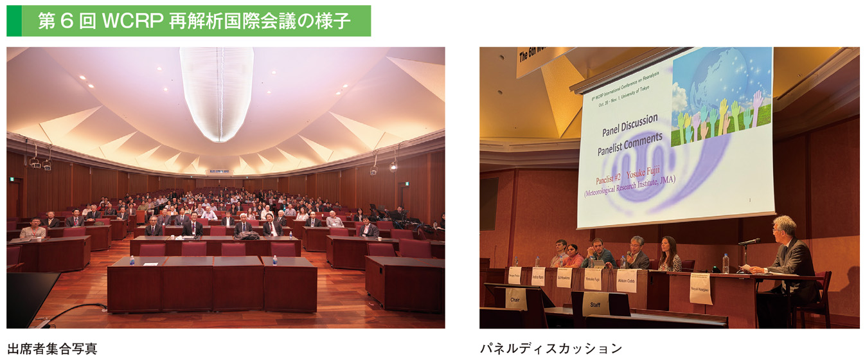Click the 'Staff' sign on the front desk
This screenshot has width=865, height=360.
click(x=596, y=303)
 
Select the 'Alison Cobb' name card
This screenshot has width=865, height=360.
click(x=626, y=281)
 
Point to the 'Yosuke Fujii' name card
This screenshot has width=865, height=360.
click(x=593, y=279)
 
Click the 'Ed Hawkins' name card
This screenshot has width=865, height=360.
click(x=564, y=277)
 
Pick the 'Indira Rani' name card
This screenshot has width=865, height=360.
click(x=538, y=276)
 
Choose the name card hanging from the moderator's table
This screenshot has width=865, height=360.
click(x=700, y=288)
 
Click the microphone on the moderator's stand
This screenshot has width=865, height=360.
click(x=749, y=242)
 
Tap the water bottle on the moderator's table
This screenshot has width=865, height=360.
click(x=726, y=263)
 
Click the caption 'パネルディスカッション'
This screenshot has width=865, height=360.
click(x=551, y=348)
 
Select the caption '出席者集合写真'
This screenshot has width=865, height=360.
click(x=52, y=349)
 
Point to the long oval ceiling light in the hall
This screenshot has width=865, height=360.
click(x=217, y=90)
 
